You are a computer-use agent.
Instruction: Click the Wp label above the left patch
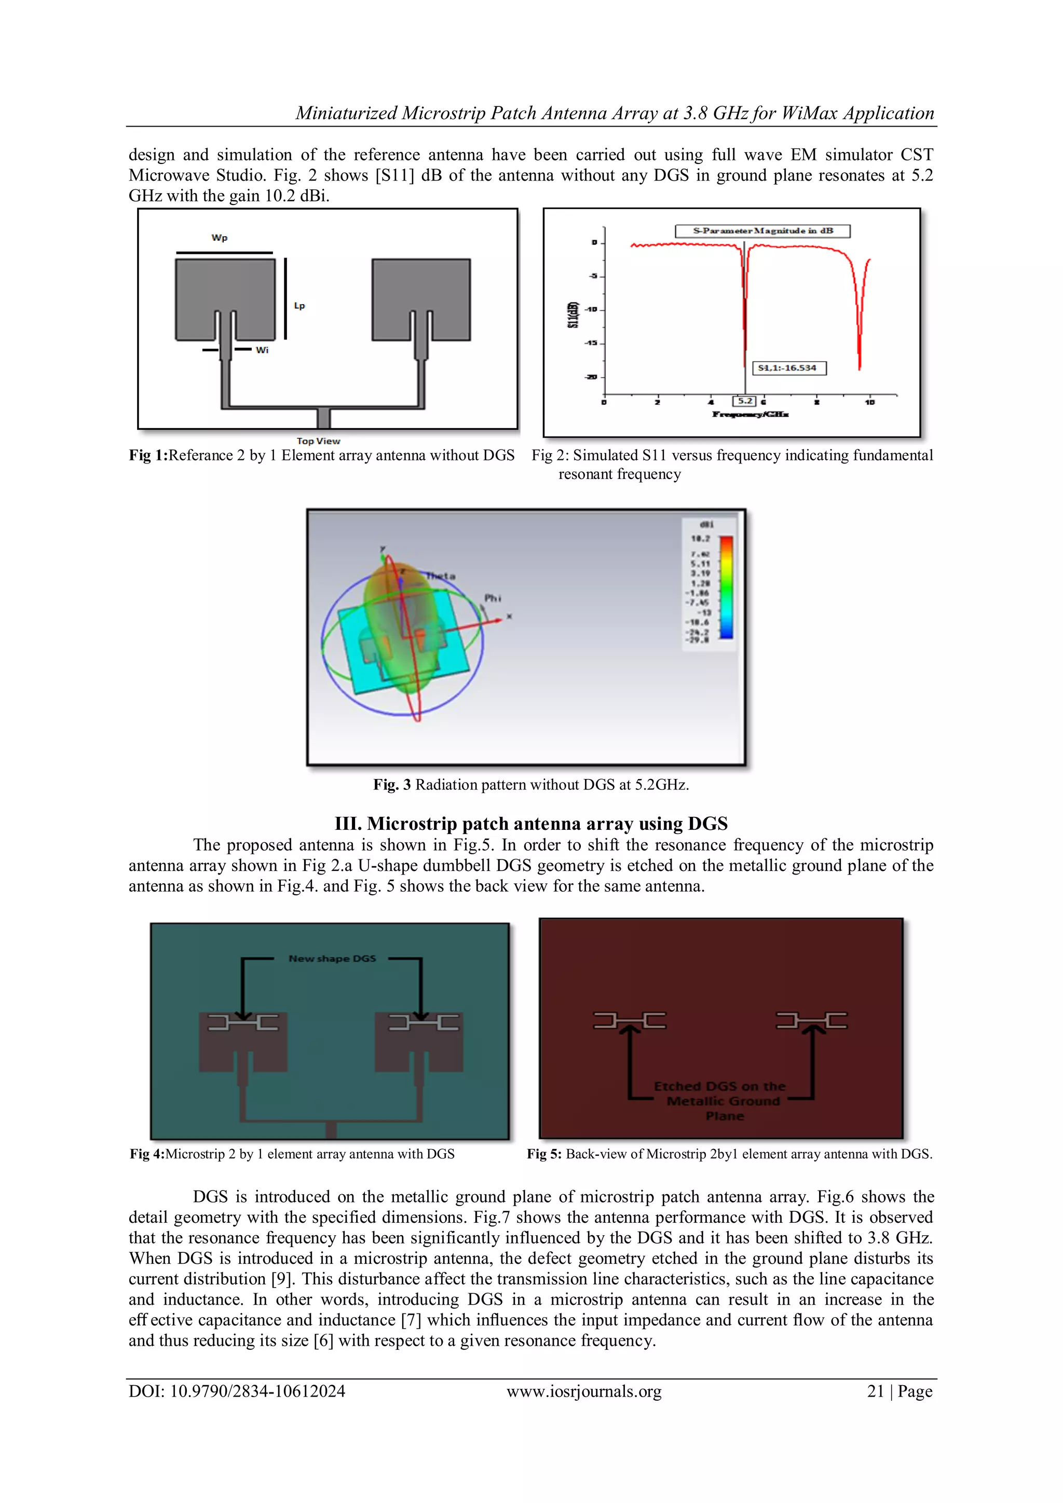pyautogui.click(x=219, y=238)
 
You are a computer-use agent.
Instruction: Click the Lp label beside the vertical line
pyautogui.click(x=299, y=306)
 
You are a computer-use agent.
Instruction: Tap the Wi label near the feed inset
pyautogui.click(x=262, y=350)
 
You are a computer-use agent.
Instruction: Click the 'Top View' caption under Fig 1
pyautogui.click(x=318, y=441)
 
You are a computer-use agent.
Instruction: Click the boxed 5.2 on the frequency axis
pyautogui.click(x=745, y=401)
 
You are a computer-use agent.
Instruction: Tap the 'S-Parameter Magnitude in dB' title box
pyautogui.click(x=762, y=230)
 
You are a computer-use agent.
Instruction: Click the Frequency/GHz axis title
pyautogui.click(x=750, y=414)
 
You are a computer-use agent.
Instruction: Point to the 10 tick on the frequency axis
pyautogui.click(x=869, y=402)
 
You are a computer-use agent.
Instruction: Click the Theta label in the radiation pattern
pyautogui.click(x=441, y=576)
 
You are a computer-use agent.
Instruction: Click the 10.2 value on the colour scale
pyautogui.click(x=700, y=538)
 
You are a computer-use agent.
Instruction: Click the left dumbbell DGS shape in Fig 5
pyautogui.click(x=629, y=1020)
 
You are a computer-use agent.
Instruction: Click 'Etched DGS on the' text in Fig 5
pyautogui.click(x=719, y=1086)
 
